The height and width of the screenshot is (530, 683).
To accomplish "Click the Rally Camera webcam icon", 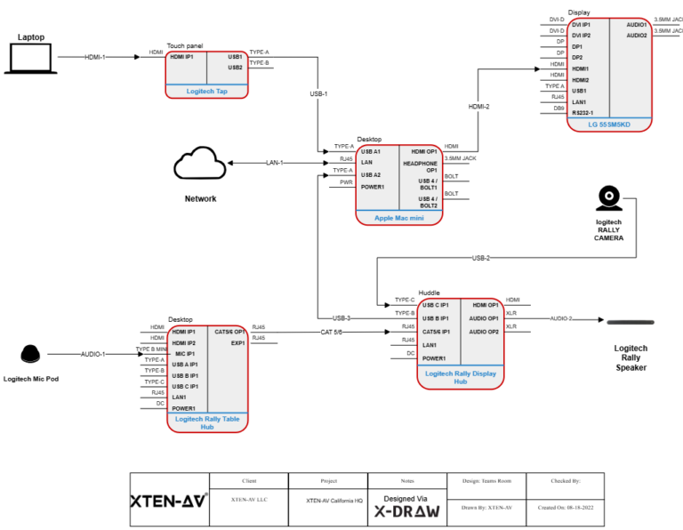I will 608,197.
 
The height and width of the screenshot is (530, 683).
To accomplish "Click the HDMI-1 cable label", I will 94,57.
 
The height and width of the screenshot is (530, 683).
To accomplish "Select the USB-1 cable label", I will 318,93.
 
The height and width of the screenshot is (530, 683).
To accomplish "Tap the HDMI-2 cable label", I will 478,107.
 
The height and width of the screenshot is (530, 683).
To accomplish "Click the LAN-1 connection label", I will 275,163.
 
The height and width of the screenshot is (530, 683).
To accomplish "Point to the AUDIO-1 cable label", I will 92,354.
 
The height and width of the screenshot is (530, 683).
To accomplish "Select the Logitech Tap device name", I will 206,91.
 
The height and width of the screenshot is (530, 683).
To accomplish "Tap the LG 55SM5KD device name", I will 609,124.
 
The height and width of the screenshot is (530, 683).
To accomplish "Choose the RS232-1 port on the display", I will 583,113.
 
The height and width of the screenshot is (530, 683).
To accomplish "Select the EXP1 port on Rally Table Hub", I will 237,342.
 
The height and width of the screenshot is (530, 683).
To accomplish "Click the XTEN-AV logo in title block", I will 169,501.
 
